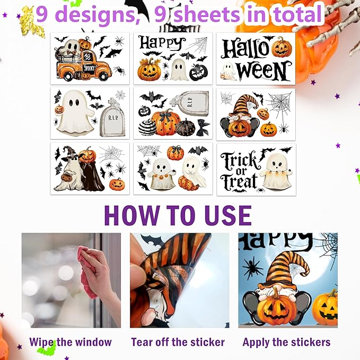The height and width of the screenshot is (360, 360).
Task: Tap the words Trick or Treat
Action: pyautogui.click(x=239, y=170)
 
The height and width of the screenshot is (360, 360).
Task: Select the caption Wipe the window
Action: pyautogui.click(x=71, y=342)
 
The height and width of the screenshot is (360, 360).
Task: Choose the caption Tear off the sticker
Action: pyautogui.click(x=178, y=342)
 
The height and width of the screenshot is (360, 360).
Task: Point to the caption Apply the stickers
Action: pyautogui.click(x=286, y=342)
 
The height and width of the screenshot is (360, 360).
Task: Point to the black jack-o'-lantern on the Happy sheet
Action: pyautogui.click(x=199, y=72)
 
